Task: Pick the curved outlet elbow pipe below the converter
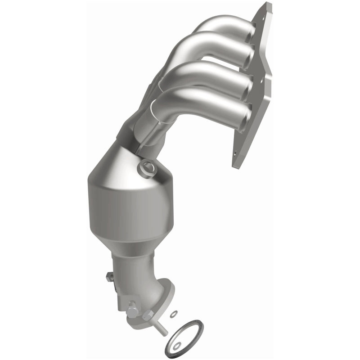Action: pyautogui.click(x=139, y=279)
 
